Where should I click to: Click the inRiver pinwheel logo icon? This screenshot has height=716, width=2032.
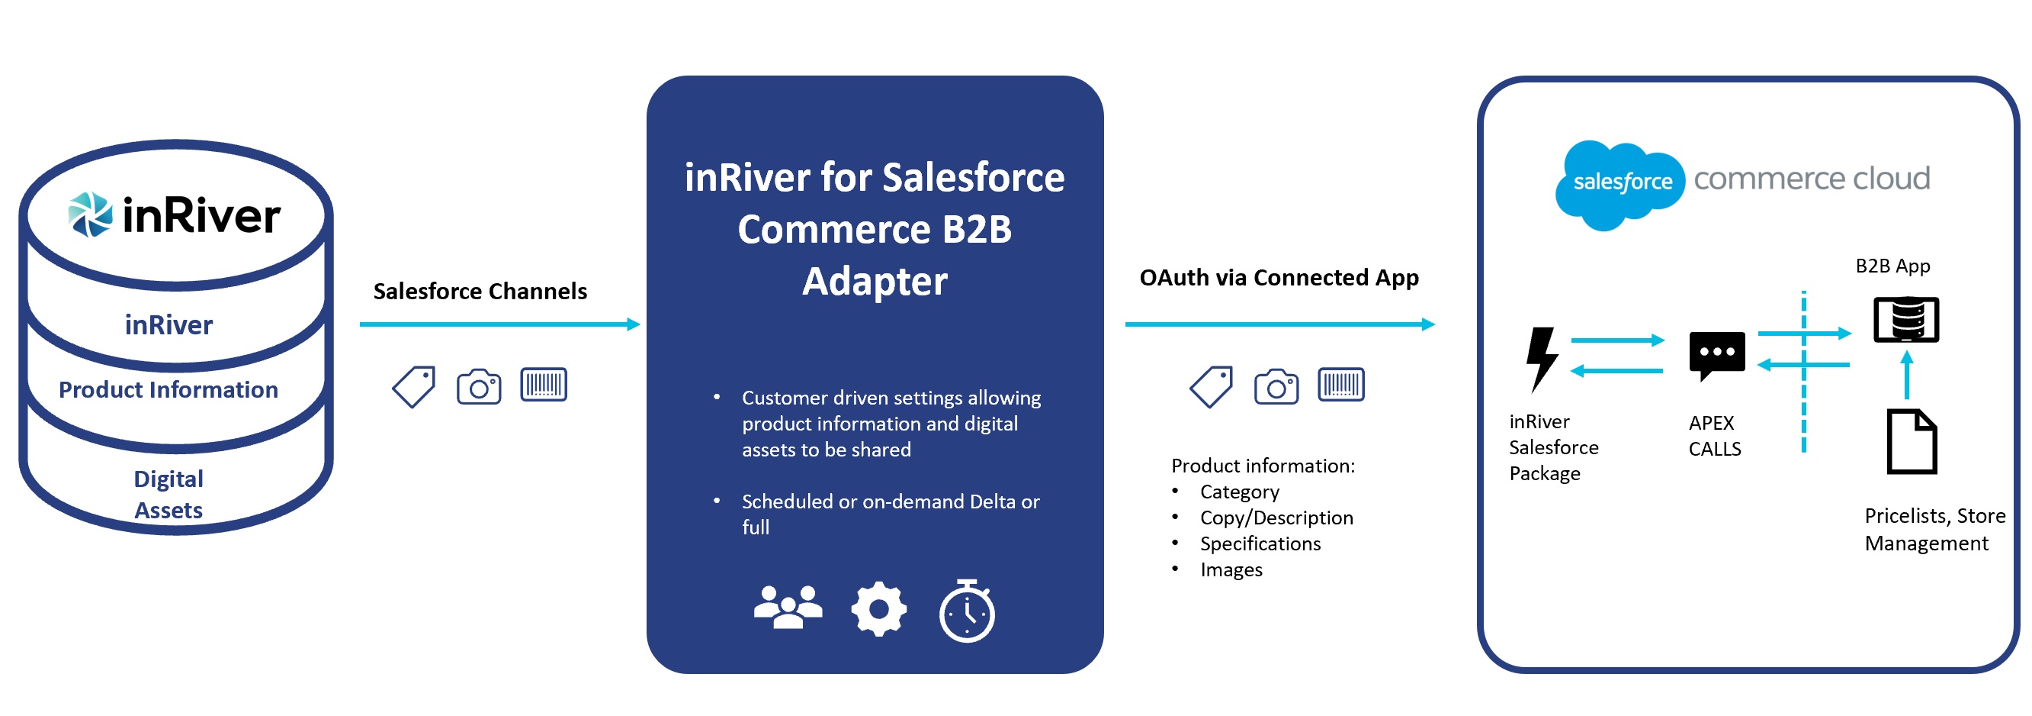coord(90,214)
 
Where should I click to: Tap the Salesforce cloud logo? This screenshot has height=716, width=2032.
coord(1620,185)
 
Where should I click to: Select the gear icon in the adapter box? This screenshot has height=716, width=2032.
coord(878,608)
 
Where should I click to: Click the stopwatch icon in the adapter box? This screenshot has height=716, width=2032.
coord(966,611)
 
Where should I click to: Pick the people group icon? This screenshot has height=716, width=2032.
coord(788,606)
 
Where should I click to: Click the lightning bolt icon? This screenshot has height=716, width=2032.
coord(1542,360)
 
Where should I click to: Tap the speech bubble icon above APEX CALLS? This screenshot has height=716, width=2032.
coord(1716,355)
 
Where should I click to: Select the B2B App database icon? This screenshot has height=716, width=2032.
coord(1905,319)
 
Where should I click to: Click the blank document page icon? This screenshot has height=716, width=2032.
coord(1912,441)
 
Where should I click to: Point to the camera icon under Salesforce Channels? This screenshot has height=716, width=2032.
coord(479,387)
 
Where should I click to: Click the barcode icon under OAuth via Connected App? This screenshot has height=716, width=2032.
coord(1341,385)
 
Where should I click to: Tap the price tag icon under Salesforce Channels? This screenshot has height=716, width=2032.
coord(414,387)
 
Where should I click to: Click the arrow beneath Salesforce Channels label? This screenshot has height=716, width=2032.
coord(499,324)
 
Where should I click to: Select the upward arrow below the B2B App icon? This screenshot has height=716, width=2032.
coord(1907,375)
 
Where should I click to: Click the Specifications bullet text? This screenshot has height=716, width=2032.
coord(1260,543)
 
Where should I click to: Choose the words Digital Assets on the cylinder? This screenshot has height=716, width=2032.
coord(168,494)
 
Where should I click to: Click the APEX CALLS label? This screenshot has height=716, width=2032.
coord(1714,436)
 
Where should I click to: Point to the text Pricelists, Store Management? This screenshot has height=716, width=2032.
coord(1934,529)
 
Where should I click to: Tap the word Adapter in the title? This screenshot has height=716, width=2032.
coord(874,281)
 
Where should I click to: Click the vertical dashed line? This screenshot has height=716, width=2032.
coord(1803,372)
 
